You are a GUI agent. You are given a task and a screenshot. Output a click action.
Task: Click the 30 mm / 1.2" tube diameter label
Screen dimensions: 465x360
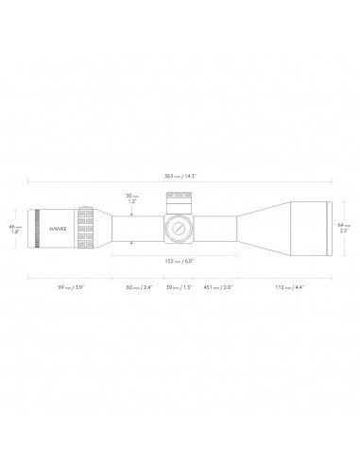point(130,198)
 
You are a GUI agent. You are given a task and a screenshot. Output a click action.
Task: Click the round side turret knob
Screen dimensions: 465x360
point(178,228)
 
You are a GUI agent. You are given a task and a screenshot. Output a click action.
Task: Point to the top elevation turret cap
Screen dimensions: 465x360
point(178,200)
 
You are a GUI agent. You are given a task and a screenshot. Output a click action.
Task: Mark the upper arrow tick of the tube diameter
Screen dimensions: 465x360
point(130,214)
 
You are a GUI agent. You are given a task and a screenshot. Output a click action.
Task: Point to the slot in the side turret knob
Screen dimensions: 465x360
point(178,228)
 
